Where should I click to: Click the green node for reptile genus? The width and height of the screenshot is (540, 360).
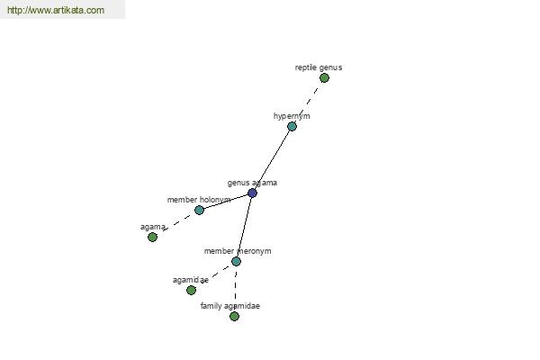(x=324, y=78)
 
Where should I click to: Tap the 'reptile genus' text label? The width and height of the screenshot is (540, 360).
(x=319, y=67)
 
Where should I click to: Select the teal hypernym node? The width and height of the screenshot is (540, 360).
(x=292, y=126)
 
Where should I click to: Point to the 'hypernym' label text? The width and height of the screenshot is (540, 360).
(x=292, y=116)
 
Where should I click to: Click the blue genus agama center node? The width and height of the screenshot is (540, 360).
(x=252, y=193)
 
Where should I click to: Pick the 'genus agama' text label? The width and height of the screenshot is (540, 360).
(x=252, y=183)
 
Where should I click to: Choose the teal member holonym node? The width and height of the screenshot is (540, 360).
(x=199, y=210)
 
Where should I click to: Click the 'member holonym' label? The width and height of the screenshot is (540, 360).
(x=199, y=200)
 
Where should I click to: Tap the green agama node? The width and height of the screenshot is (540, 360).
(x=153, y=237)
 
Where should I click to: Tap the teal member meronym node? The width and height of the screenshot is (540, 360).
(x=236, y=262)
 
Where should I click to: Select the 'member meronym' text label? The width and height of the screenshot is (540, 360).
(x=238, y=251)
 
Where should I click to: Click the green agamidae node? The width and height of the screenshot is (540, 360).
(x=191, y=290)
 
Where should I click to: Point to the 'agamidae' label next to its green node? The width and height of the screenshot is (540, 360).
(x=191, y=280)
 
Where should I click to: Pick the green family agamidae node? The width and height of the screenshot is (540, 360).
(x=234, y=316)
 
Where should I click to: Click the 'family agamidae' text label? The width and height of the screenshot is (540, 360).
(x=230, y=306)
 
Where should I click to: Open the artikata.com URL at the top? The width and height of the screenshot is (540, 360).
(x=56, y=10)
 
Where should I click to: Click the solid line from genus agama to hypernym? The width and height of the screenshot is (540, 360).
(x=272, y=160)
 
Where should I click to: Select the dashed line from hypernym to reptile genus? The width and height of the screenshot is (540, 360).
(x=308, y=103)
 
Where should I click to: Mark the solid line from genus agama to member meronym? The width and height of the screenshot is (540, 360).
(x=244, y=228)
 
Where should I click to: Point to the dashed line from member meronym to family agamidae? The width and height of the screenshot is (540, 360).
(x=235, y=289)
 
